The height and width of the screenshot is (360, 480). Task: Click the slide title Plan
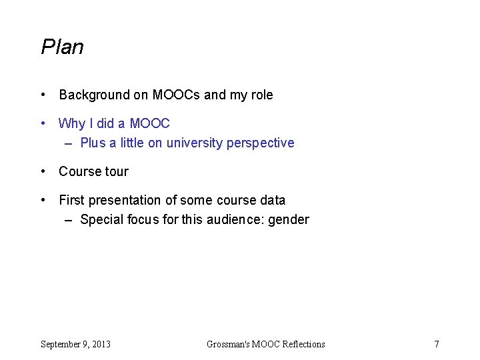[x=62, y=47]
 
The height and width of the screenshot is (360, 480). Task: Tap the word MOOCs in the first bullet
[x=176, y=95]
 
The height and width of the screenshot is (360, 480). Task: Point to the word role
[x=261, y=95]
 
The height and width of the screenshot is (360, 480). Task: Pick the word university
[x=195, y=143]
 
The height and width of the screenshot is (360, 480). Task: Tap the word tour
[x=117, y=171]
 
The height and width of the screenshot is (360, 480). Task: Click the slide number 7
[x=437, y=344]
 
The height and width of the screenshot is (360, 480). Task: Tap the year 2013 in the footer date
[x=101, y=344]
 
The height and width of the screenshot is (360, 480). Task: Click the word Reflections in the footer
[x=304, y=344]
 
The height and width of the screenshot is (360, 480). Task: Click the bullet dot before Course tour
[x=43, y=171]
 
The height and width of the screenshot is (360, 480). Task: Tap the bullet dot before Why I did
[x=43, y=123]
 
